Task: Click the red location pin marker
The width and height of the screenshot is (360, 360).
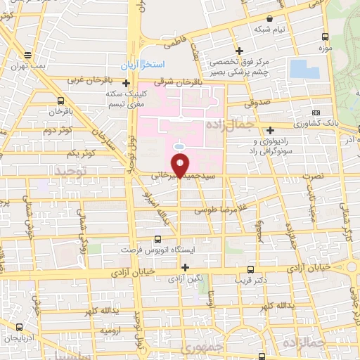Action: pyautogui.click(x=181, y=165)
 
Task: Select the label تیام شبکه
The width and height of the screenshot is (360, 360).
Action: pyautogui.click(x=270, y=29)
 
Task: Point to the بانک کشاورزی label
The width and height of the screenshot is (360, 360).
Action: pyautogui.click(x=337, y=122)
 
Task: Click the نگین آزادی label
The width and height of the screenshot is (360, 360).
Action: pyautogui.click(x=186, y=279)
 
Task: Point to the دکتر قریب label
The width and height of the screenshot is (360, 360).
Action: pyautogui.click(x=252, y=281)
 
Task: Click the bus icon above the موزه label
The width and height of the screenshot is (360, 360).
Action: pyautogui.click(x=324, y=37)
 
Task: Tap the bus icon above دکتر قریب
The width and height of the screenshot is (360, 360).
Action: pyautogui.click(x=252, y=269)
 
